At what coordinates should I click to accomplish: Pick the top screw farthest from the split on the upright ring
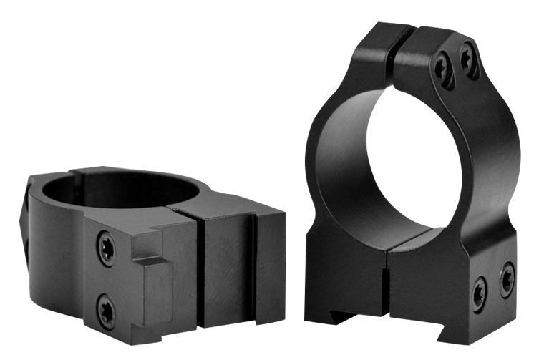click(x=468, y=49)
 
